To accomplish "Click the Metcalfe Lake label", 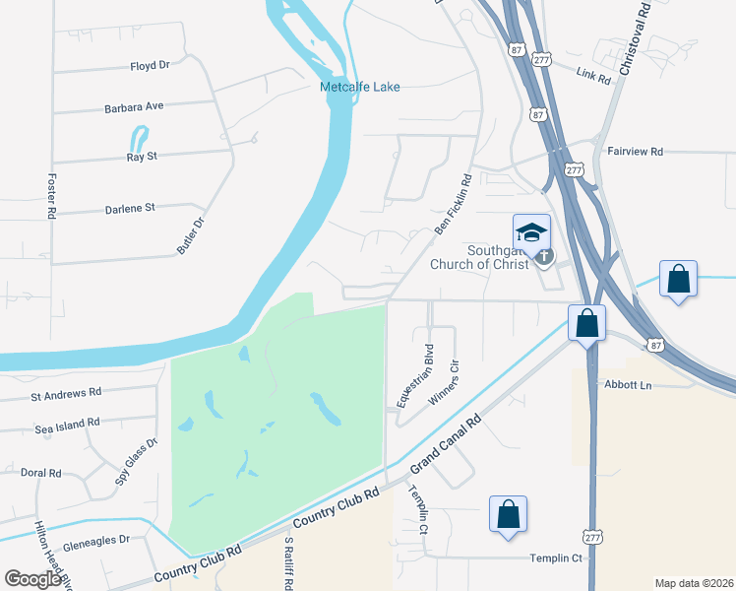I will (360, 88).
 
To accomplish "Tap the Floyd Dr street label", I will (150, 65).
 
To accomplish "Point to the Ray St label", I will (142, 157).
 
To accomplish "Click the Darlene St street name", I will (130, 208).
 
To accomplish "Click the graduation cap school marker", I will (531, 233).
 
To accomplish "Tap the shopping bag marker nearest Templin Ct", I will (508, 514).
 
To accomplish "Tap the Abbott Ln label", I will (630, 385).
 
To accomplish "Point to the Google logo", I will (32, 579).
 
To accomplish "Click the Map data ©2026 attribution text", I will (694, 583).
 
